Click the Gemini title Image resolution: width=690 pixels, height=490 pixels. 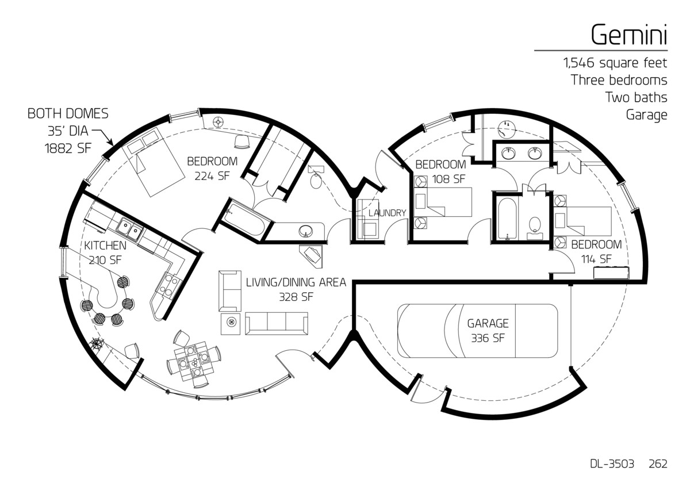[x=628, y=36]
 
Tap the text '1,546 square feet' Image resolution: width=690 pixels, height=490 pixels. [x=615, y=63]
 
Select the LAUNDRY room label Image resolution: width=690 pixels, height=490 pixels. [x=387, y=213]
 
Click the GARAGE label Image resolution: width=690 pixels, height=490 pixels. [x=488, y=323]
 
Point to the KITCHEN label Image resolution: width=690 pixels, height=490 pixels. [x=105, y=246]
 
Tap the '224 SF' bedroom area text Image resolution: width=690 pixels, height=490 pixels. [x=212, y=176]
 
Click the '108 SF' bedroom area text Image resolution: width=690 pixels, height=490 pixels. [x=448, y=179]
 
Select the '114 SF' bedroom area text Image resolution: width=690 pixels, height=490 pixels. [x=596, y=259]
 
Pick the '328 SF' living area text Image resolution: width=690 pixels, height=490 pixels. [x=296, y=297]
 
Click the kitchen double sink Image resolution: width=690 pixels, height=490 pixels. [x=129, y=228]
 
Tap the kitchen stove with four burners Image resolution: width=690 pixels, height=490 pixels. [x=168, y=285]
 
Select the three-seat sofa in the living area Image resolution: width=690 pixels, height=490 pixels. [x=277, y=324]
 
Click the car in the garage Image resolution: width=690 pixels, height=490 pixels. [x=477, y=331]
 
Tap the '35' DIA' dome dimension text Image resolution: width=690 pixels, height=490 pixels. [x=68, y=131]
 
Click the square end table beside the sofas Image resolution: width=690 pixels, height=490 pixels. [x=231, y=324]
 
